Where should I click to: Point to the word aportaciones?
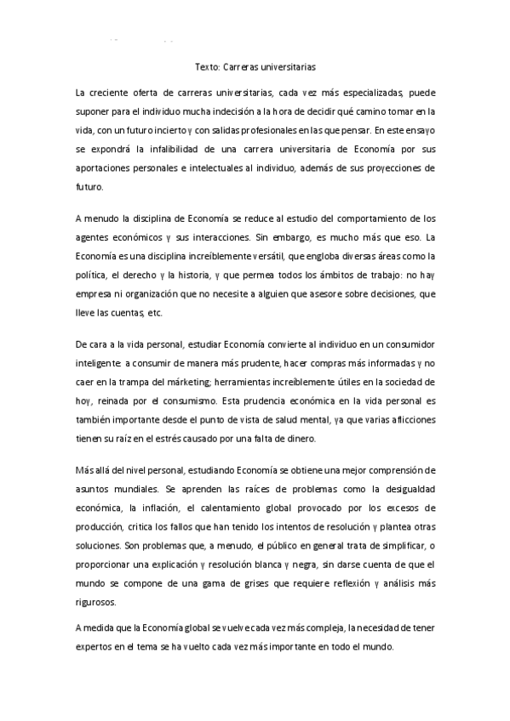click(x=102, y=167)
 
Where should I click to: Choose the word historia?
click(x=189, y=275)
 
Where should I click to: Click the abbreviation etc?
click(x=154, y=312)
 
